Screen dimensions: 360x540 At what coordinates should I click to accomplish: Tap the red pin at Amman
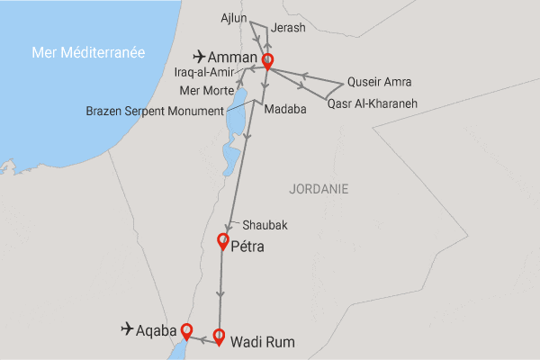[267, 62]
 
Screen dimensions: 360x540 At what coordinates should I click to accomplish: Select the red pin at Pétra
[224, 241]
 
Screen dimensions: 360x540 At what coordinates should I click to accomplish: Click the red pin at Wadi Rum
[219, 337]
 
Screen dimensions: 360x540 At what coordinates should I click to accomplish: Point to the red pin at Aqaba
[187, 330]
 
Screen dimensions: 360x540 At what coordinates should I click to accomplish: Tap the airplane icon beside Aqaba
[129, 329]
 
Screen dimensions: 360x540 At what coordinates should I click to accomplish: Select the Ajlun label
[235, 17]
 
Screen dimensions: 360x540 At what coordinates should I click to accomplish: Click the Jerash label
[288, 28]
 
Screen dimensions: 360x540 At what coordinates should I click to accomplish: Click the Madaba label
[285, 109]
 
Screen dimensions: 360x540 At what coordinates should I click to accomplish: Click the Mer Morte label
[206, 90]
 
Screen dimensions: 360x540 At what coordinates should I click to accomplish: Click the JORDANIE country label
[319, 189]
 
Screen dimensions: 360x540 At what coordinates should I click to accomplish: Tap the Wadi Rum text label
[263, 342]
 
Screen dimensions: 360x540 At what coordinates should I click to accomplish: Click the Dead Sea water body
[231, 135]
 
